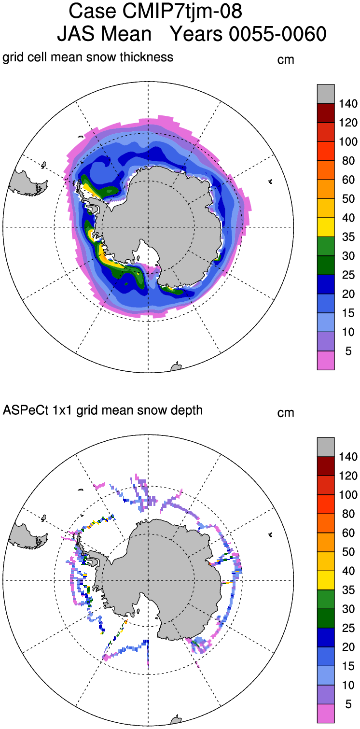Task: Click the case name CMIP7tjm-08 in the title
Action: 182,11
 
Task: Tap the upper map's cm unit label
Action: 286,60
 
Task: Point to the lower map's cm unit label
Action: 286,413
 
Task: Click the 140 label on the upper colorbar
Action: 348,104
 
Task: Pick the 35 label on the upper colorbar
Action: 348,237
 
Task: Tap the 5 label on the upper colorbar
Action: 348,351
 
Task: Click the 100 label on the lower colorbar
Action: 348,495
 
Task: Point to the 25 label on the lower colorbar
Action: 348,628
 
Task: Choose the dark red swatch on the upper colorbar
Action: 326,113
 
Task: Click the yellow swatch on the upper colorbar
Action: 326,227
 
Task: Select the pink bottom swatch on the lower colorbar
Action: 326,714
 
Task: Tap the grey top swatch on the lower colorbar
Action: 326,447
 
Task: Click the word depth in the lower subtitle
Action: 188,411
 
